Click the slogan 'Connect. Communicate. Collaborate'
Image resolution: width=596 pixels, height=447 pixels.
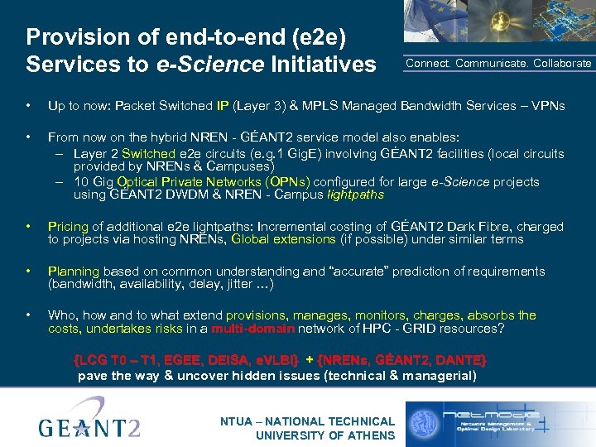click(498, 63)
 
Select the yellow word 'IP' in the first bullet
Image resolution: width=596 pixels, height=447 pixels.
click(223, 106)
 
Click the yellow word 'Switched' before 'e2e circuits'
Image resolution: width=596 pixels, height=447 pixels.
click(148, 153)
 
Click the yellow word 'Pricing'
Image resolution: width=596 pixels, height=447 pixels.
click(68, 226)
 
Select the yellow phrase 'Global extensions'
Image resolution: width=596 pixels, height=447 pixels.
click(284, 239)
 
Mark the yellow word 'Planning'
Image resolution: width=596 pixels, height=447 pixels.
click(74, 271)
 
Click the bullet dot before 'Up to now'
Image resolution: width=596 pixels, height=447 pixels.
click(29, 106)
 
